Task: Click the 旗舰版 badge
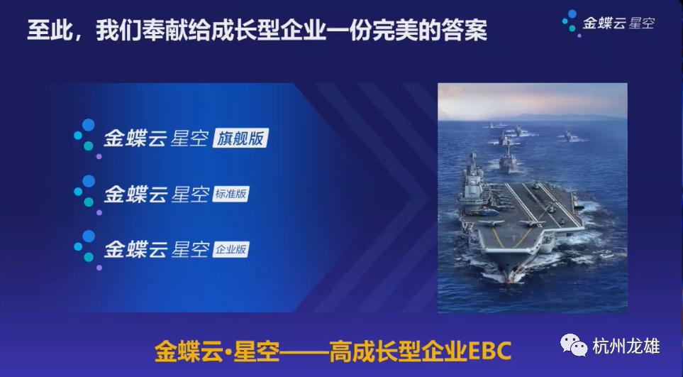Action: tap(240, 138)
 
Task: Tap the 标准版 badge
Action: tap(231, 194)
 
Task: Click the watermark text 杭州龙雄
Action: tap(626, 346)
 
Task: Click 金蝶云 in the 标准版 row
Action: tap(135, 194)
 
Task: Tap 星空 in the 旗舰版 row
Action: tap(189, 138)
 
